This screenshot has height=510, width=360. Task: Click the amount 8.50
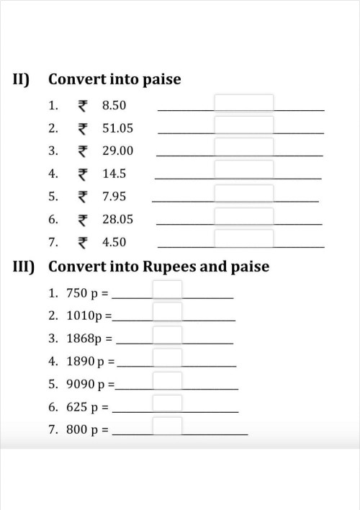coord(114,106)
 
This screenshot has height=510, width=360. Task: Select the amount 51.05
coord(117,129)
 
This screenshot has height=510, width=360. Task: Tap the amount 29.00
coord(117,151)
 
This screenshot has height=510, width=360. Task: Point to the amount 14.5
coord(114,174)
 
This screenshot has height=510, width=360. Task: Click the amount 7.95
coord(114,196)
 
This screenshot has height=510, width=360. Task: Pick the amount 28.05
coord(117,219)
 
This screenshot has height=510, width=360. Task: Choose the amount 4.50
coord(114,242)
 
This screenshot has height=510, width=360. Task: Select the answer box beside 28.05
coord(244,217)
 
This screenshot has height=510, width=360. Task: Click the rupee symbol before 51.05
coord(83,129)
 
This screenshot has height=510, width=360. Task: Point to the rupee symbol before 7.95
coord(83,196)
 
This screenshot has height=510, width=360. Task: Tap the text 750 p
coord(81,293)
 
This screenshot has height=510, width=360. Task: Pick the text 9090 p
coord(85,384)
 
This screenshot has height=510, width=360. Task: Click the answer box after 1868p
coord(167,335)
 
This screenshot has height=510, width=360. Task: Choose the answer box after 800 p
coord(167,426)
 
